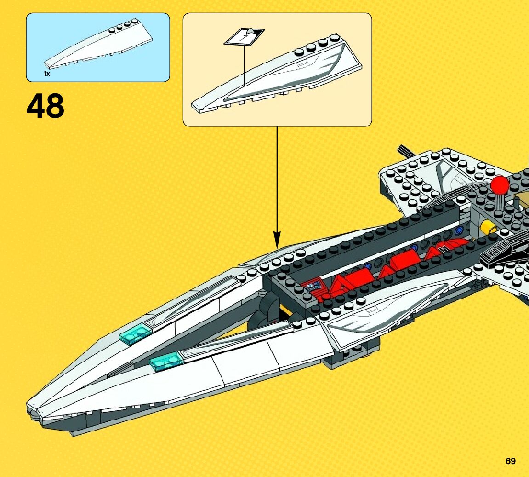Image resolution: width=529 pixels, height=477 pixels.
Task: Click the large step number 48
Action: pos(46,106)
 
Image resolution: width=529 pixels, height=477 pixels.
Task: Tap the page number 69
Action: pos(510,461)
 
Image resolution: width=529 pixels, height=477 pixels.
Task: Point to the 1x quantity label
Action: pos(47,74)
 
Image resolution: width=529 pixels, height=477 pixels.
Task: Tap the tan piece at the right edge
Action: pos(522,202)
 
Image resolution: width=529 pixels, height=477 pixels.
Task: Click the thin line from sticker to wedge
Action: pos(244,64)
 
